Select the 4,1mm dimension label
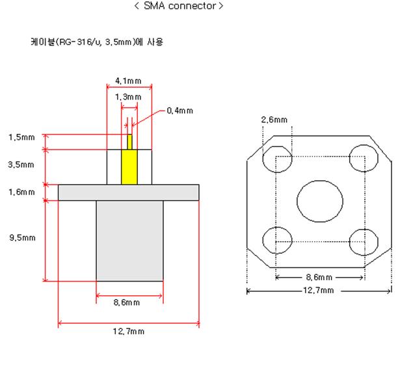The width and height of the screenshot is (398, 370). (128, 80)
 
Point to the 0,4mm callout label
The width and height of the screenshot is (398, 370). (179, 111)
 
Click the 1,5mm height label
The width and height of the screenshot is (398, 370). (21, 137)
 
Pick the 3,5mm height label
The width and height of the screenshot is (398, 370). (21, 165)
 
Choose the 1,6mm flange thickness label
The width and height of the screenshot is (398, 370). (21, 192)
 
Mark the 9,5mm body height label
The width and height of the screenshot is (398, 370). (21, 238)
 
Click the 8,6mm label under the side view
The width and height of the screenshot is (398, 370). (128, 302)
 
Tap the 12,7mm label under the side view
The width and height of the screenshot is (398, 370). (128, 331)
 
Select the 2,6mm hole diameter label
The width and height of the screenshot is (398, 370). (274, 120)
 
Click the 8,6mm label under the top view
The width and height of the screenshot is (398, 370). (319, 277)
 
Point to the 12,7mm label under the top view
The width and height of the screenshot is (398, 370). (319, 291)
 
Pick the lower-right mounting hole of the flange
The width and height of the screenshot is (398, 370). (362, 241)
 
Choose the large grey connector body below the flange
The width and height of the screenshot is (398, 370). (129, 240)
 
